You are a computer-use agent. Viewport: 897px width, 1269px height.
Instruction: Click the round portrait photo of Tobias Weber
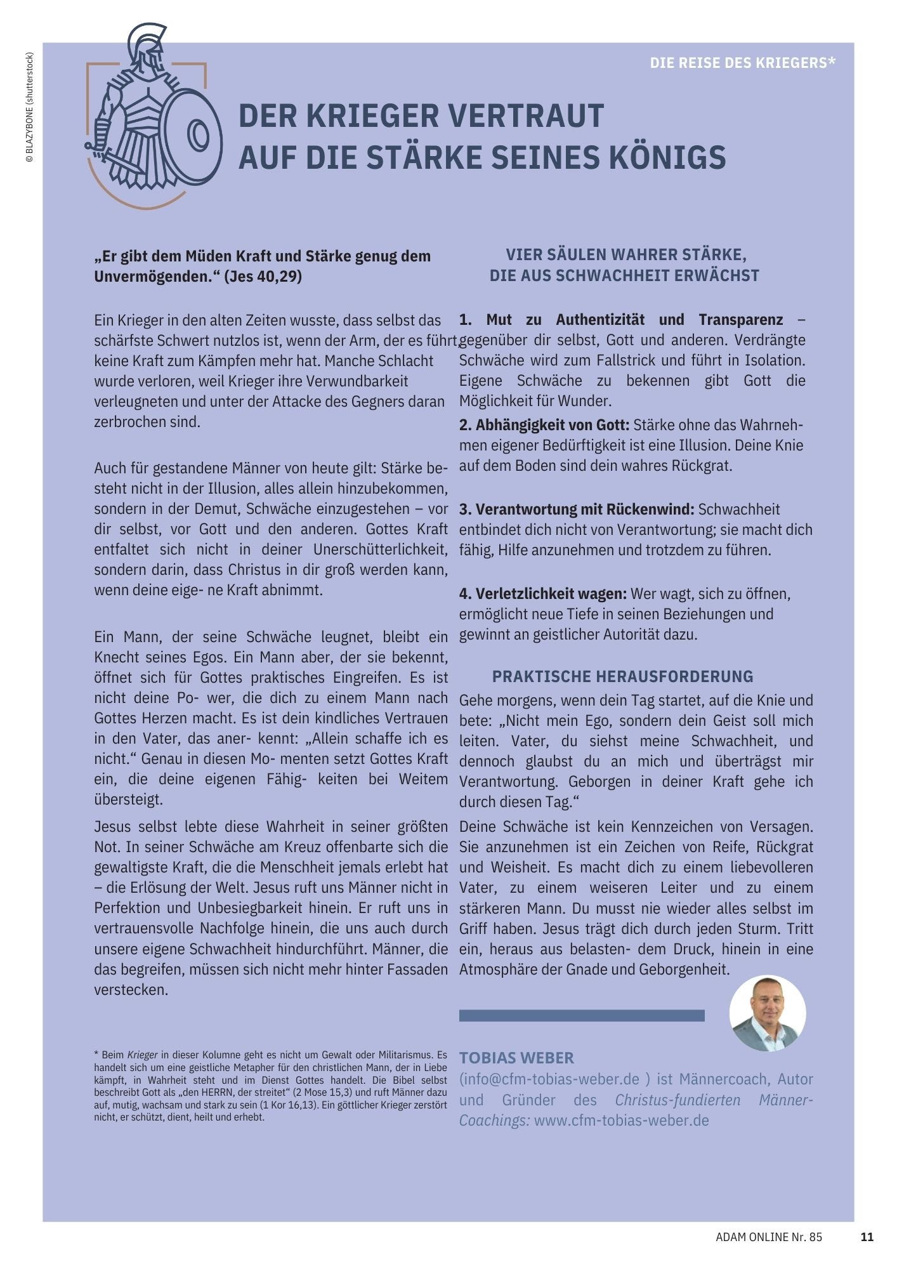pos(768,1013)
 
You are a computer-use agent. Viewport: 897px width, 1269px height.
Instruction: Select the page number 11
pos(867,1237)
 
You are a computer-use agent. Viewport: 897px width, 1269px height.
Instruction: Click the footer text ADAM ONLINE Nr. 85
pos(768,1237)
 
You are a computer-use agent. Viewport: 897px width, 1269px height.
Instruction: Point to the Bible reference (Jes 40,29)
pos(263,277)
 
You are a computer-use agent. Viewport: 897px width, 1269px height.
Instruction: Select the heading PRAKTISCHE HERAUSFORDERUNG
pos(622,676)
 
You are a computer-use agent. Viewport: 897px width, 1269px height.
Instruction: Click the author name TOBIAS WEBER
pos(516,1058)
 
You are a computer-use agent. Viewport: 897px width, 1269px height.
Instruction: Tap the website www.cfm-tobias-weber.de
pos(621,1120)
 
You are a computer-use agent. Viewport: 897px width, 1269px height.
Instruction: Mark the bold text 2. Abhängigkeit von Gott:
pos(544,424)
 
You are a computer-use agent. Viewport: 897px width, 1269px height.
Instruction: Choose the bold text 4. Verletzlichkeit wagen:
pos(542,593)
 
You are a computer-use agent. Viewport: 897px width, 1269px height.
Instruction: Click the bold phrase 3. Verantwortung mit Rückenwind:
pos(577,509)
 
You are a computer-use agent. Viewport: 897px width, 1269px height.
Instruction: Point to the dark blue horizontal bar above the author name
pos(581,1016)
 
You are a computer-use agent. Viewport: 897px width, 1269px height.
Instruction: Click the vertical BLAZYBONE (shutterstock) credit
pos(29,108)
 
